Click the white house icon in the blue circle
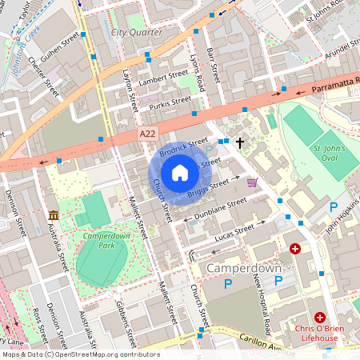tap(180, 173)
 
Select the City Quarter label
tap(136, 33)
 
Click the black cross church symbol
tap(238, 142)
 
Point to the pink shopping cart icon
tap(253, 182)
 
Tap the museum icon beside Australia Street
tap(54, 216)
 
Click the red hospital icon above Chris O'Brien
tap(320, 318)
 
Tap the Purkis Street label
tap(169, 102)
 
